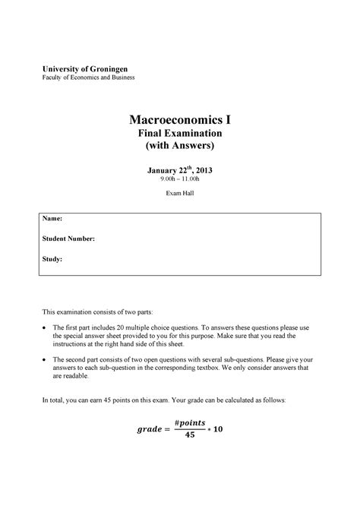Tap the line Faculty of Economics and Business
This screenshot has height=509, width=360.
point(88,77)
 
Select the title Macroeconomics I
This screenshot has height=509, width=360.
point(179,120)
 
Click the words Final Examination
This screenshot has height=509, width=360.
point(179,134)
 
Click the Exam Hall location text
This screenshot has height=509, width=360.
point(179,194)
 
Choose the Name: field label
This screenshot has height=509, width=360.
point(52,218)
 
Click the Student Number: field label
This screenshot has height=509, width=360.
point(69,239)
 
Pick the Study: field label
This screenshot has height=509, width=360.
point(52,259)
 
